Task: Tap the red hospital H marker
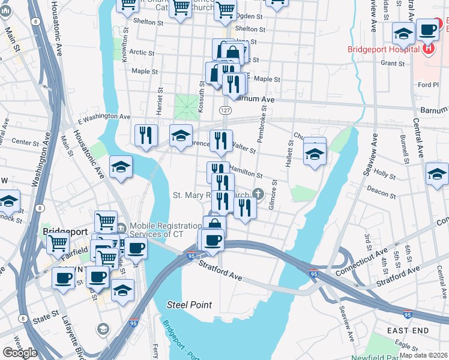point(429,49)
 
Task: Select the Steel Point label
point(189,305)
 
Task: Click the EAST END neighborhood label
point(408,331)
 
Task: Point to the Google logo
point(19,353)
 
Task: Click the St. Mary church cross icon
point(258,193)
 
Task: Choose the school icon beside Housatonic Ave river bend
point(121,167)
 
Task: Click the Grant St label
point(393,62)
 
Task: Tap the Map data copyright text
point(423,355)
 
